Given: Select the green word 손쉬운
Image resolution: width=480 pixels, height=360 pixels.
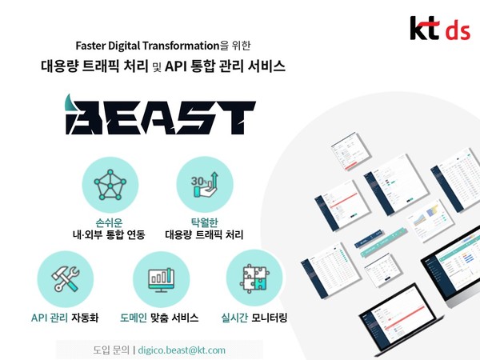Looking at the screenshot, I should point(111,221).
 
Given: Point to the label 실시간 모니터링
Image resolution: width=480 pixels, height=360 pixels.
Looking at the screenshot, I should point(254,318).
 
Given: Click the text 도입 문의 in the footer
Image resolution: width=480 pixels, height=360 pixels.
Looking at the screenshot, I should point(105,350).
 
